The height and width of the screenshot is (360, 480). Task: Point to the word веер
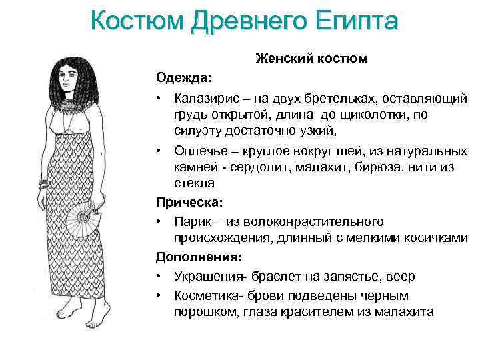click(400, 276)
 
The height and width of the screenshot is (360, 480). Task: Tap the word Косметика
click(206, 295)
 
